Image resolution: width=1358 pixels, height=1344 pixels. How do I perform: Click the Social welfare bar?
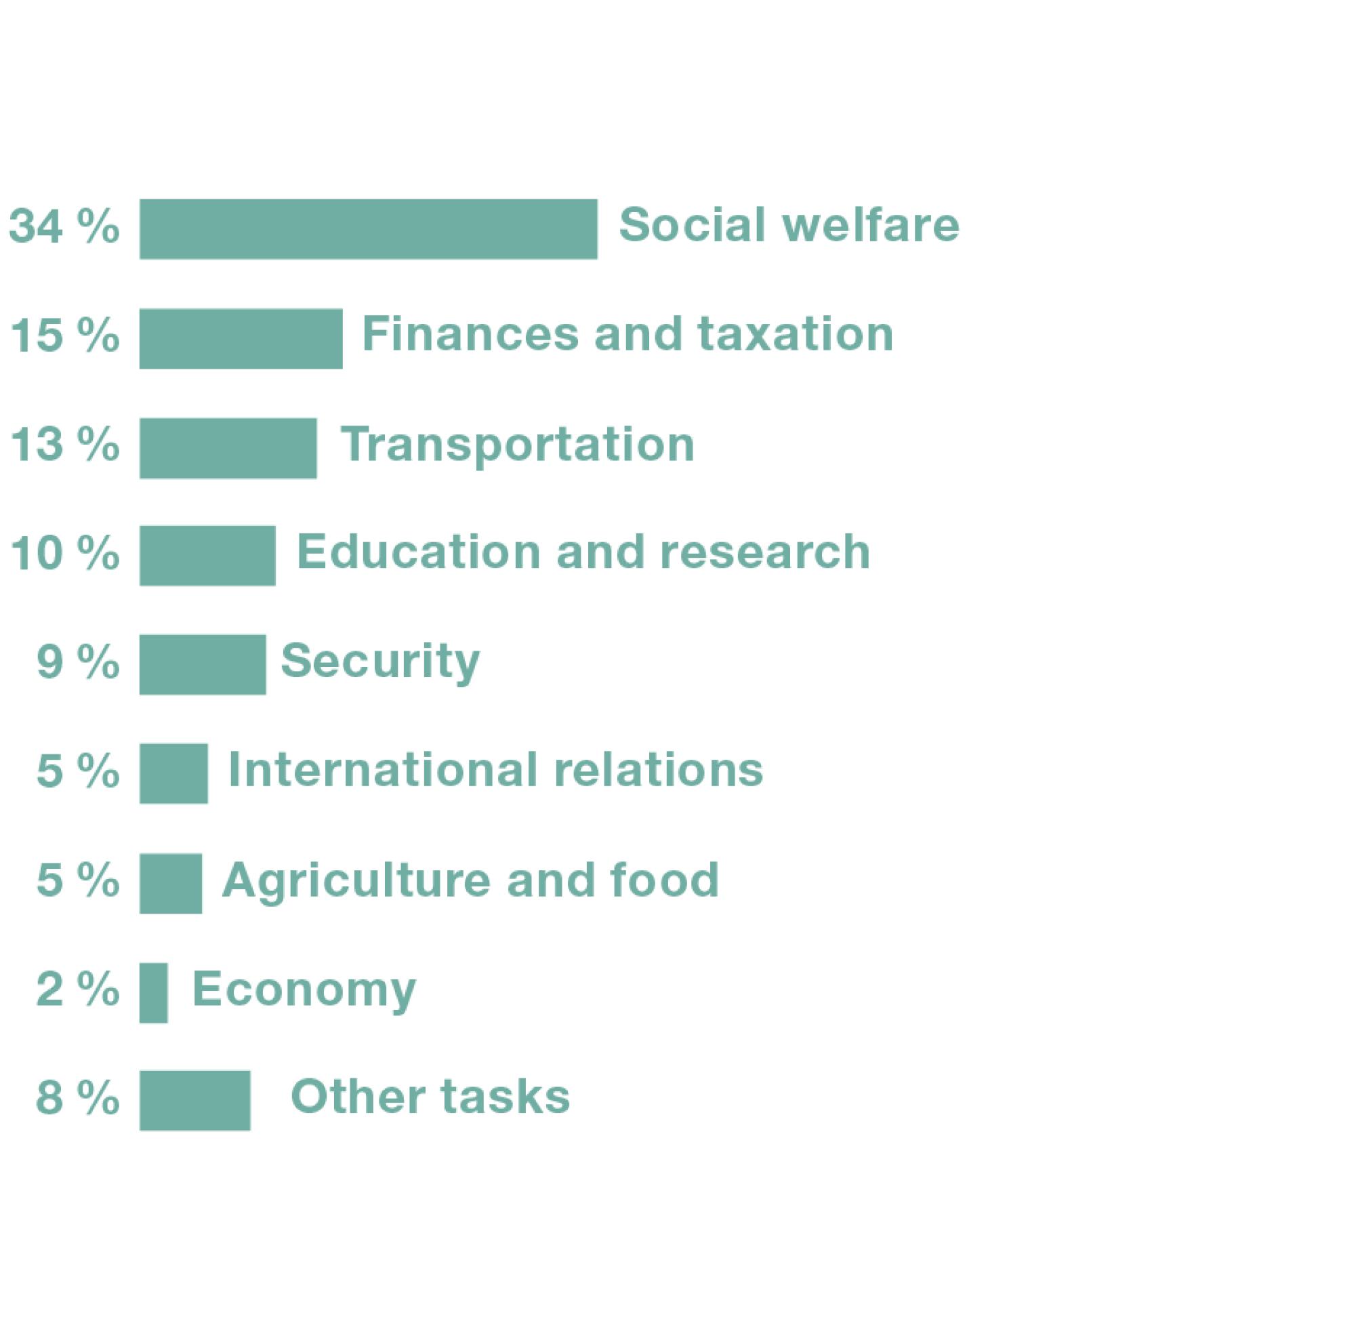(369, 229)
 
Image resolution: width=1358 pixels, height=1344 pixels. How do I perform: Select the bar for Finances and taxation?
(241, 338)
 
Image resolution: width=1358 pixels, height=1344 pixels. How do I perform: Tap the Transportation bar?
(228, 448)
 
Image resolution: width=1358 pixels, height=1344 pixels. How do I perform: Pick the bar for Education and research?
(207, 555)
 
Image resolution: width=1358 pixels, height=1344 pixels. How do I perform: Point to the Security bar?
(203, 664)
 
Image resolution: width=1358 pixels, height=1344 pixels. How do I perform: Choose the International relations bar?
(173, 773)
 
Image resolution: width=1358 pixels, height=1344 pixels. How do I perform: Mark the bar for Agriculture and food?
(171, 884)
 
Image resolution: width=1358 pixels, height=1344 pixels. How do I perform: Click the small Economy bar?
(153, 992)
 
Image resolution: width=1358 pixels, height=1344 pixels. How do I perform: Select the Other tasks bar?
(194, 1100)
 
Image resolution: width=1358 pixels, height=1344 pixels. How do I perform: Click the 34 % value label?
(64, 226)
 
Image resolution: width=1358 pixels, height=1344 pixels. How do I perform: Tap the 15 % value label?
(64, 335)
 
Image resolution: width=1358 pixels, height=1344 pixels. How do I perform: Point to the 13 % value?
(64, 445)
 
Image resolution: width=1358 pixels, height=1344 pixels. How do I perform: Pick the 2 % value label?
(77, 989)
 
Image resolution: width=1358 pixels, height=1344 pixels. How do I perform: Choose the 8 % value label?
(77, 1097)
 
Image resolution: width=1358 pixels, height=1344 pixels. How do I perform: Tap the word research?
(766, 552)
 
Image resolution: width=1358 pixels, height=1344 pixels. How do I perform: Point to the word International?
(383, 770)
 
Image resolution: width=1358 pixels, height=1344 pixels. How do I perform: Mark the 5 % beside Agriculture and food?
(77, 880)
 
